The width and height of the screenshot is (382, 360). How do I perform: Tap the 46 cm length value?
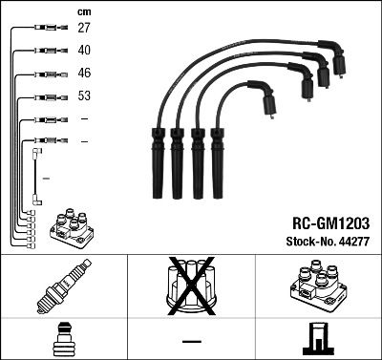[83, 74]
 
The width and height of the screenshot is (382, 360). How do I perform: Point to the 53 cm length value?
[83, 96]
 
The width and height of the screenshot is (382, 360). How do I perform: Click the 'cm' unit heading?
[83, 11]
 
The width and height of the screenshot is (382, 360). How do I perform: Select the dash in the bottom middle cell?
[191, 340]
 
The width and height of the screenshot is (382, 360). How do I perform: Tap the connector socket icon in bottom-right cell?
[318, 338]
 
